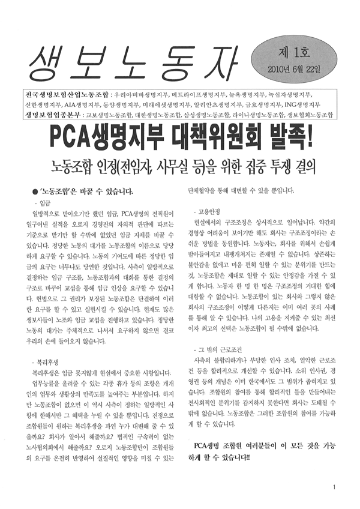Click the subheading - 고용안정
[x=207, y=212]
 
